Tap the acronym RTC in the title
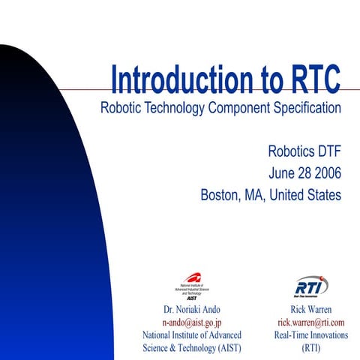[308, 79]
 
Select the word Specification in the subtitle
[298, 107]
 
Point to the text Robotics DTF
[304, 151]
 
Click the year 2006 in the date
[325, 173]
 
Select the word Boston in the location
[220, 195]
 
